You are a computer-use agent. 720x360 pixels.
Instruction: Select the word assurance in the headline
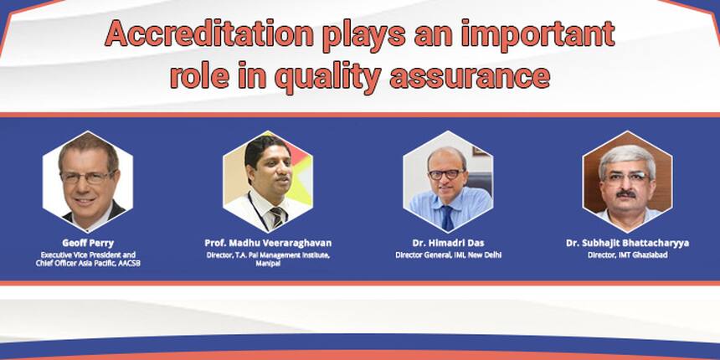470,77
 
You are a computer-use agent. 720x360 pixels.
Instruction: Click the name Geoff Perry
88,243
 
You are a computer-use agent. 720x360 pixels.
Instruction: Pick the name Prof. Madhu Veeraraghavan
268,243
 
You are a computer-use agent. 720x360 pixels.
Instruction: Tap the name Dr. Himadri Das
448,243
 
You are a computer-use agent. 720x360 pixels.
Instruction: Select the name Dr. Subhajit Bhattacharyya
627,243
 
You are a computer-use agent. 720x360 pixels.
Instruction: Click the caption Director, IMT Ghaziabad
627,255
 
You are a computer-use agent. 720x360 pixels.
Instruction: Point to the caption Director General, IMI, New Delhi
448,255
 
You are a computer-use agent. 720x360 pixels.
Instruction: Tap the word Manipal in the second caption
268,264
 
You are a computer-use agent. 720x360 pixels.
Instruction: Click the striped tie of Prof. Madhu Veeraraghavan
277,218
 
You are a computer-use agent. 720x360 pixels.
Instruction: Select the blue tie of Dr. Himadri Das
447,219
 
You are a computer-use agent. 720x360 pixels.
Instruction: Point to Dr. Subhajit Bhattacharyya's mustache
626,195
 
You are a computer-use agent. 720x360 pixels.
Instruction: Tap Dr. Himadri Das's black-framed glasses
446,174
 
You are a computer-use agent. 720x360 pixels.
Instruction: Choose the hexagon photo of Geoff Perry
88,182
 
